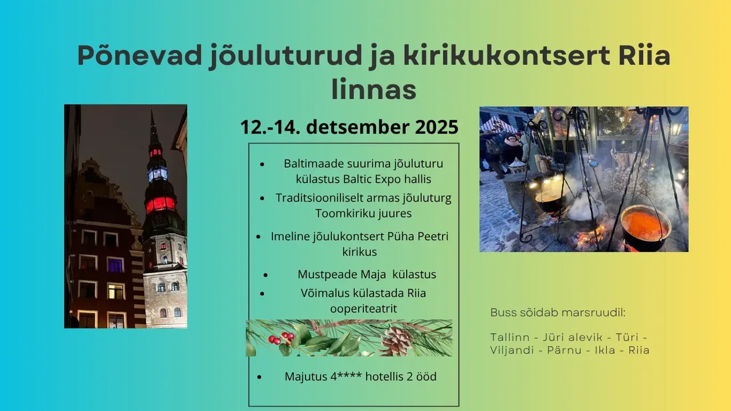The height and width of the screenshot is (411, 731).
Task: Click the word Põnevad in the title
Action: pos(140,55)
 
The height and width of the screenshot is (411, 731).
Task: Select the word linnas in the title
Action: pos(374,88)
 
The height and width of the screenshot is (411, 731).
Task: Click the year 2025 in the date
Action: pos(437,127)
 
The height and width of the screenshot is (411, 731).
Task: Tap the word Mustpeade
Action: pos(327,275)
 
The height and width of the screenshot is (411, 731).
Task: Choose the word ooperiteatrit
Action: pos(364,309)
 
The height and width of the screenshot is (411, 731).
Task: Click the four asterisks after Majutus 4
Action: pos(350,375)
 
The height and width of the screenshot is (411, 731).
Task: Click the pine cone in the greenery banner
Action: pos(396,341)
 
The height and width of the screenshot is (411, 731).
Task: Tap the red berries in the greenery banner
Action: pos(281,339)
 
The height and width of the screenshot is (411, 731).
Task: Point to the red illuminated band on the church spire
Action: pos(160,204)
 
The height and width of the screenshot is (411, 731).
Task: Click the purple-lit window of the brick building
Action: pos(115,265)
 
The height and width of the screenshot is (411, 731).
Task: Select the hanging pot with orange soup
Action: pos(645,227)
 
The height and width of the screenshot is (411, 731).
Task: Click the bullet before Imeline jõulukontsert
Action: pos(259,237)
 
